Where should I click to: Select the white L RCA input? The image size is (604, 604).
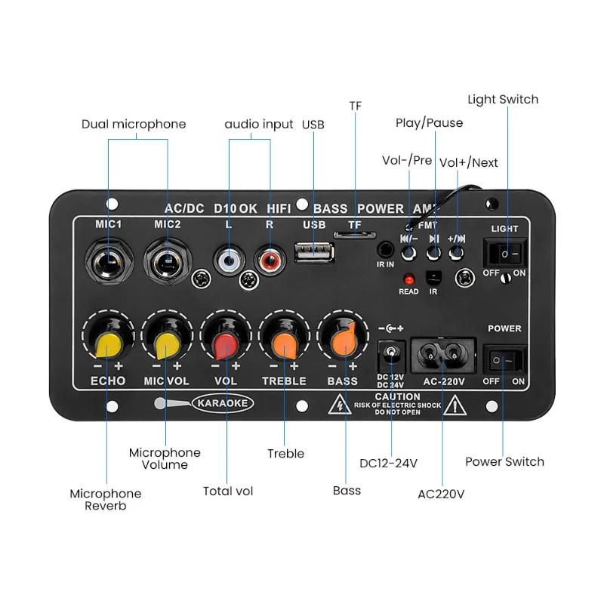227,261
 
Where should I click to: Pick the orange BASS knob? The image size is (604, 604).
344,341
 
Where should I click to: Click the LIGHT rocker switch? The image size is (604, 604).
504,252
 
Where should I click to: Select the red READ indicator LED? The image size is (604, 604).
408,278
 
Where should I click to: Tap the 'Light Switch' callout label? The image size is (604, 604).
503,100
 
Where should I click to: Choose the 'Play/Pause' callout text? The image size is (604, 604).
429,122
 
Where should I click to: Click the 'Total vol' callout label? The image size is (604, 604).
228,492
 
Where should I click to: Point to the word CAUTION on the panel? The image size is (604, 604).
397,397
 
